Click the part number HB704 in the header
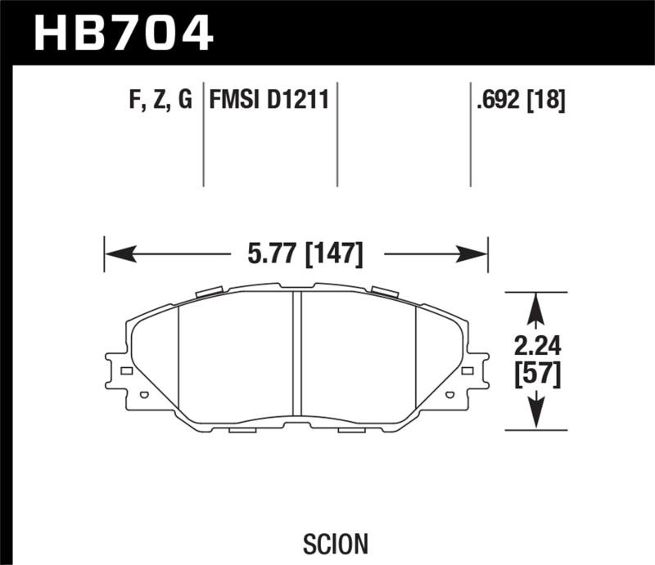click(x=123, y=33)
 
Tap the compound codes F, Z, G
click(x=160, y=101)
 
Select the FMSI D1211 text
click(x=269, y=101)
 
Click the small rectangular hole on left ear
click(x=126, y=371)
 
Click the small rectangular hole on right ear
click(x=468, y=371)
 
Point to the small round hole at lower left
click(x=144, y=395)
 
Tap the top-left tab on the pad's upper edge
click(x=210, y=290)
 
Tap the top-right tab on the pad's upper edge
click(x=383, y=290)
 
